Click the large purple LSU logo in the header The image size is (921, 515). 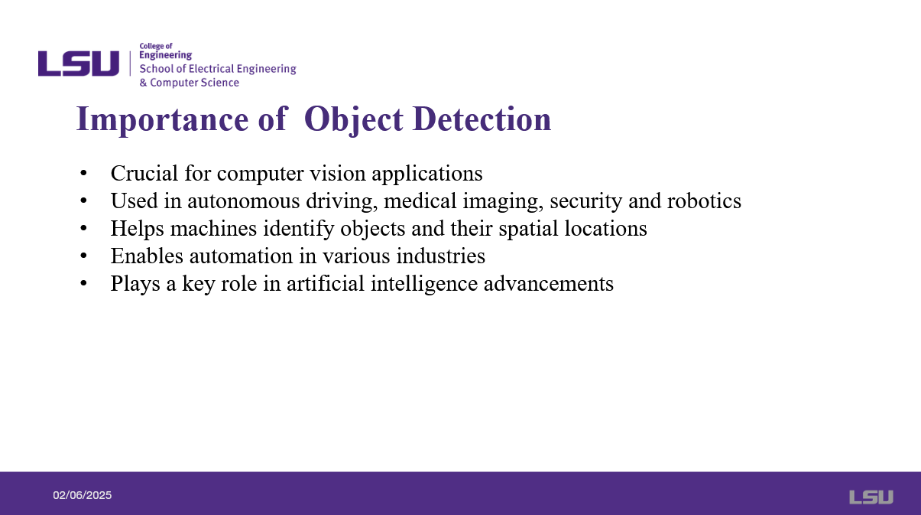coord(79,64)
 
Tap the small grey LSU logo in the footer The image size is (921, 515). coord(871,497)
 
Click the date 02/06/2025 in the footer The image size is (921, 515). coord(83,495)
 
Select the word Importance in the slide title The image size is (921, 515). coord(162,120)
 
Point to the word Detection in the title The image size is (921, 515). coord(482,119)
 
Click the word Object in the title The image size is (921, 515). coord(354,120)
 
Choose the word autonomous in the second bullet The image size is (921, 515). coord(244,201)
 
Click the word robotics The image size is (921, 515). coord(704,201)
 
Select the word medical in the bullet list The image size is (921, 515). coord(420,201)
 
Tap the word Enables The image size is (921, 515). coord(147,256)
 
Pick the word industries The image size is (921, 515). coord(441,256)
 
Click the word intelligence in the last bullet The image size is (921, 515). coord(424,284)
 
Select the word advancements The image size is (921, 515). coord(549,284)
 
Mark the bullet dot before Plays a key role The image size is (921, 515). coord(84,283)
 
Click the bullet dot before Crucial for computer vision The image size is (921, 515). coord(84,173)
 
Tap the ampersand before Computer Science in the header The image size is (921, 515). coord(143,83)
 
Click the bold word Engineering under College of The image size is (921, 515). coord(166,55)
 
